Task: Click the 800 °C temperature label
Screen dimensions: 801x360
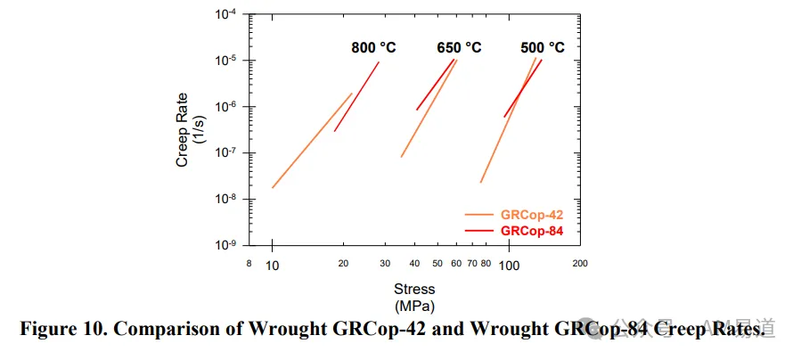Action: [x=373, y=48]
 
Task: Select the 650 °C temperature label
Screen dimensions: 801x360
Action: [x=459, y=48]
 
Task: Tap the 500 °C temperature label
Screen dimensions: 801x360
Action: [x=543, y=48]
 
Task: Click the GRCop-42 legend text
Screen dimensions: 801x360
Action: [x=532, y=215]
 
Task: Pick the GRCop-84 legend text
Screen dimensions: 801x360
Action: [x=532, y=231]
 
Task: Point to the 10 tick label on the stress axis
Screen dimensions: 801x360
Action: [x=273, y=266]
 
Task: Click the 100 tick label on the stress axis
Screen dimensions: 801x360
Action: [x=509, y=266]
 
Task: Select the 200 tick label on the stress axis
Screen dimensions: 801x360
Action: [x=580, y=264]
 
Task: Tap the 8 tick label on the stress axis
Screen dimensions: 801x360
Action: [x=249, y=264]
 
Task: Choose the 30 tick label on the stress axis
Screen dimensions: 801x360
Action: [x=385, y=264]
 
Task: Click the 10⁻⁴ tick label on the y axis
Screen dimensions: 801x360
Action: [x=226, y=14]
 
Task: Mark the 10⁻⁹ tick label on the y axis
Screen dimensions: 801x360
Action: [x=226, y=245]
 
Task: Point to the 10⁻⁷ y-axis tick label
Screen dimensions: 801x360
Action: [x=226, y=152]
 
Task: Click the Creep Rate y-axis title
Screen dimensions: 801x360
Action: [x=189, y=130]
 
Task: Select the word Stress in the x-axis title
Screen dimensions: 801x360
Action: [x=414, y=289]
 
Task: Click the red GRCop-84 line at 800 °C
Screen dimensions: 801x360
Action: [x=356, y=96]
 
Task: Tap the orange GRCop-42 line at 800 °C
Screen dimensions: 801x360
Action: [x=312, y=141]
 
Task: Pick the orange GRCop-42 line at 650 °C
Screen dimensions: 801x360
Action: [x=429, y=108]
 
